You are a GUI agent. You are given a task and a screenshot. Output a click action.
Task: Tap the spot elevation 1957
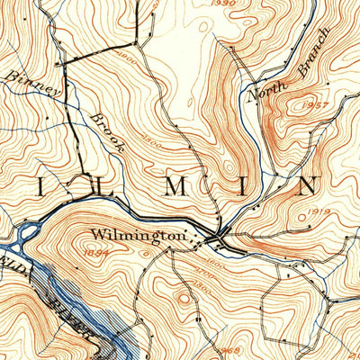316,106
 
